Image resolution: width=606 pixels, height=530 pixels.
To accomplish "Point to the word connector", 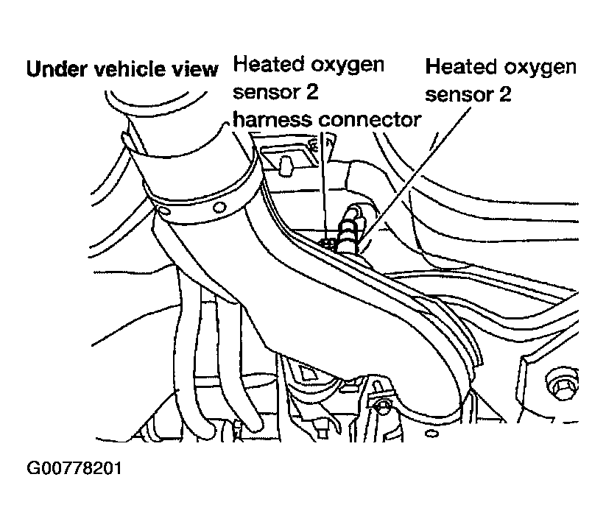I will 368,119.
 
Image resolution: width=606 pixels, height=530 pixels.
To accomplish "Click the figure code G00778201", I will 74,469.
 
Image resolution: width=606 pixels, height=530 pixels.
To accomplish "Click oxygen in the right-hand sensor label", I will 540,68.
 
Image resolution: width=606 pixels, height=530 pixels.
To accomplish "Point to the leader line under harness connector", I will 323,184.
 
